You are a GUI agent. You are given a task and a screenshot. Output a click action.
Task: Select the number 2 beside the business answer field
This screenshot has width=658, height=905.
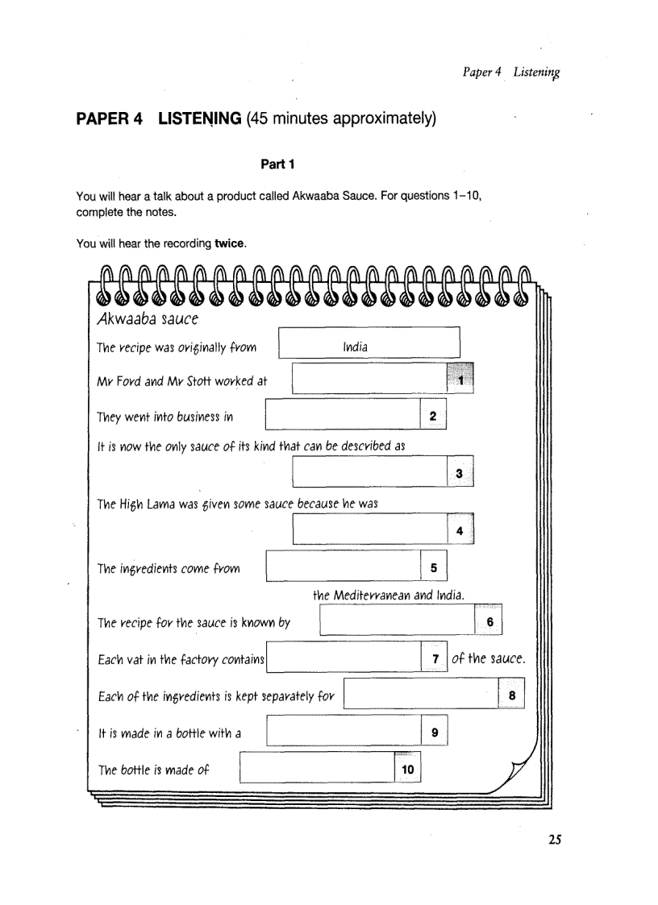coord(433,417)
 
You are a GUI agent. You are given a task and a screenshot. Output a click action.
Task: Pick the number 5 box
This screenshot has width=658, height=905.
coord(433,568)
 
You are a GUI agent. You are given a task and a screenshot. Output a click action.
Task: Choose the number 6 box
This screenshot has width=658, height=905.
coord(489,622)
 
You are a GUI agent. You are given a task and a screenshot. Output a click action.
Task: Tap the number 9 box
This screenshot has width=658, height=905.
coord(434,733)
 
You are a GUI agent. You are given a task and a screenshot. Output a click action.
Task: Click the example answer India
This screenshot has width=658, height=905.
coord(355,347)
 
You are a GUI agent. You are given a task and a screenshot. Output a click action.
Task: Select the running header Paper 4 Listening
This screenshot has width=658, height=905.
coord(511,73)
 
